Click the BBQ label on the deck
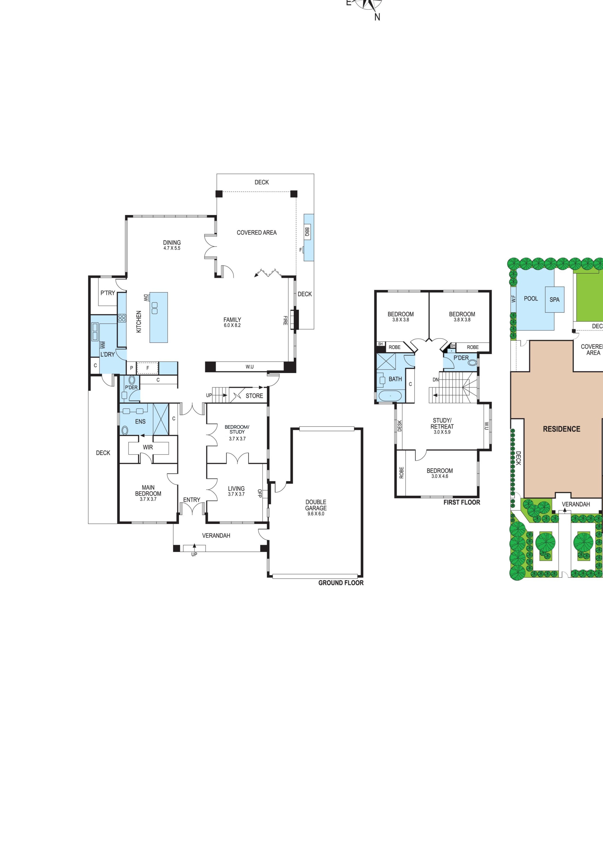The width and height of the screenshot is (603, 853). click(x=307, y=232)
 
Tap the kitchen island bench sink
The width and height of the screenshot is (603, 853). click(x=154, y=308)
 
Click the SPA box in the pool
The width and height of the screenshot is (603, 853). click(x=554, y=299)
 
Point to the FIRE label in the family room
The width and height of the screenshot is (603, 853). click(x=285, y=320)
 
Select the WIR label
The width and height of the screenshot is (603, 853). click(x=148, y=447)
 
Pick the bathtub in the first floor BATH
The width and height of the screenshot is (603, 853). click(x=390, y=396)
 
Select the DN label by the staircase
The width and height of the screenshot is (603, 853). click(x=436, y=380)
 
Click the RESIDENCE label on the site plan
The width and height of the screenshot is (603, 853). click(x=561, y=429)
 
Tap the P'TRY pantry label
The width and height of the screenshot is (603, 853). click(x=108, y=293)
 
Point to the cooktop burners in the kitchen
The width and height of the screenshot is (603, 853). click(x=122, y=318)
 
